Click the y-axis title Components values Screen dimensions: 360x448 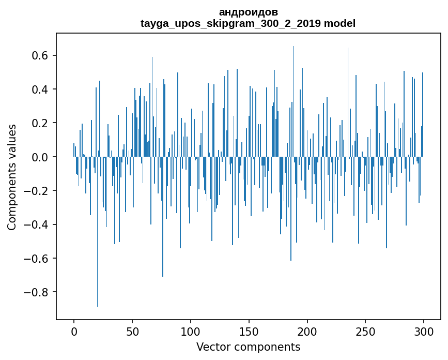point(12,177)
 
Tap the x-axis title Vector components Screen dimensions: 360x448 point(248,347)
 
